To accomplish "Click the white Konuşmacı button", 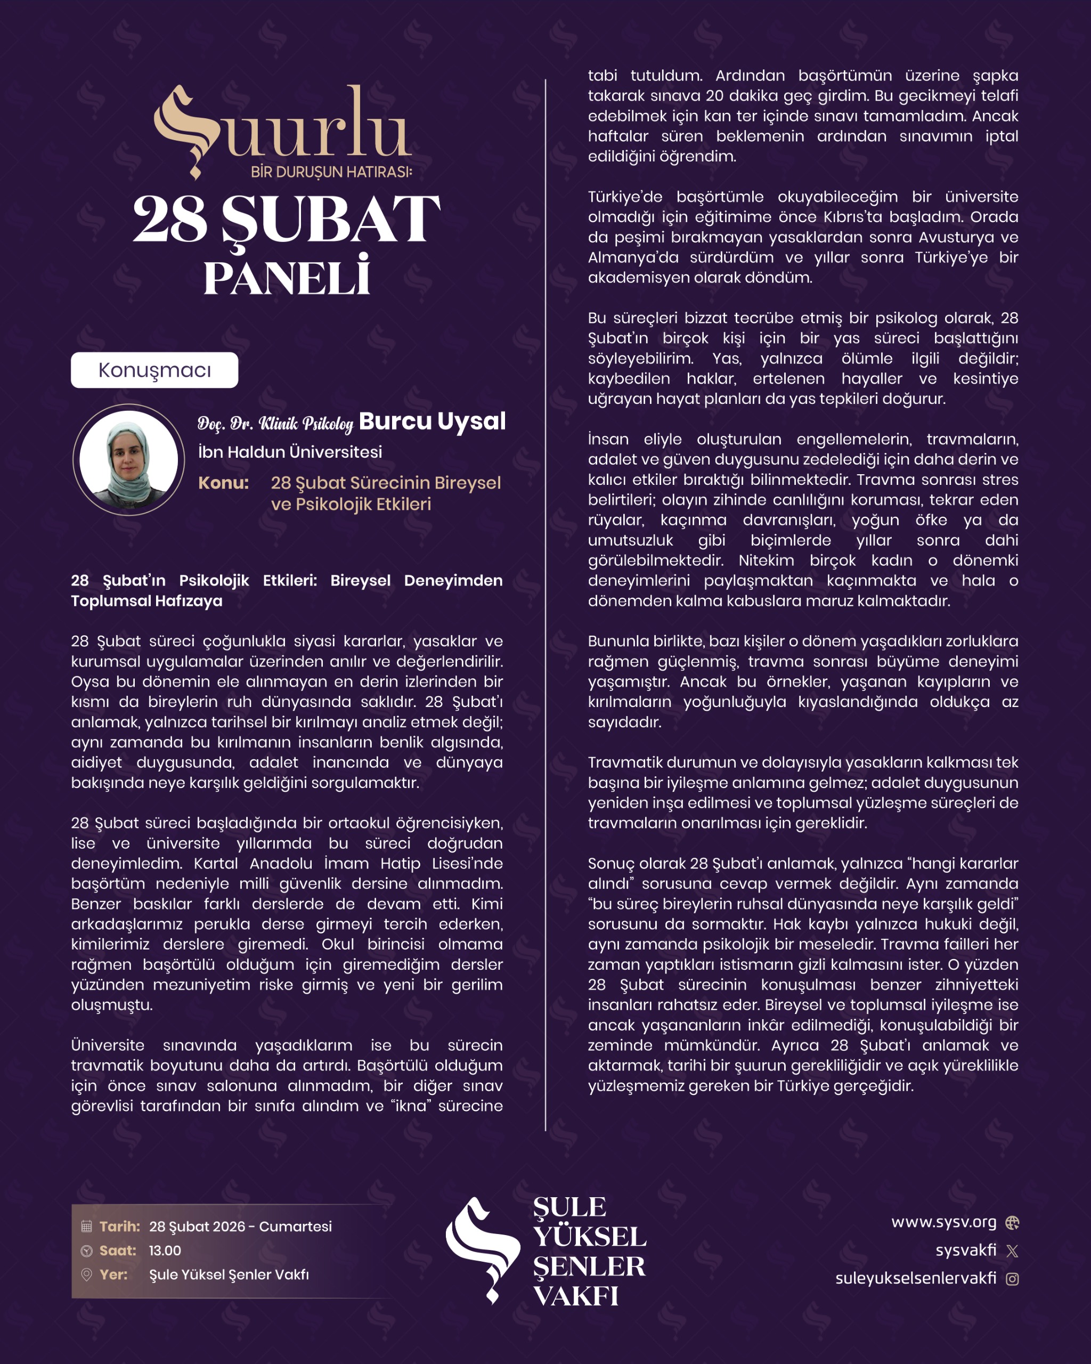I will coord(154,370).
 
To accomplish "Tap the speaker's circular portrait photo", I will coord(128,460).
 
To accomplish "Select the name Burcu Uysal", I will coord(432,421).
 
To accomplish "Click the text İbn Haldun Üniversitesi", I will coord(290,452).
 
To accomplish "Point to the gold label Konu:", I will coord(223,483).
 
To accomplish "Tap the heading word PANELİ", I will coord(287,278).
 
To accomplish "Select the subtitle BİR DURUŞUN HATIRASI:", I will coord(331,172).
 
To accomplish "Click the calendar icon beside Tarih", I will coord(87,1226).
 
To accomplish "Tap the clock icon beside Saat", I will coord(87,1251).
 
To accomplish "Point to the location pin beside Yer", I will coord(87,1275).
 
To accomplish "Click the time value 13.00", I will coord(165,1251).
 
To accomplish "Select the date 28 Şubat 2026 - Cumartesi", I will coord(240,1226).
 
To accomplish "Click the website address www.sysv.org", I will coord(943,1222).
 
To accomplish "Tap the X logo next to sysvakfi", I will coord(1012,1251).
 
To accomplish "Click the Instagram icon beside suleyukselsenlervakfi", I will coord(1012,1279).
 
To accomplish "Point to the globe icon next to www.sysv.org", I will coord(1012,1222).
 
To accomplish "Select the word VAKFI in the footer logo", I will coord(575,1296).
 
